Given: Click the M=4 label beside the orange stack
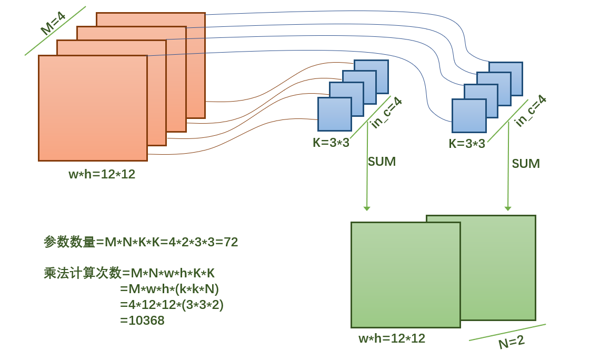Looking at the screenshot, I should (x=53, y=24).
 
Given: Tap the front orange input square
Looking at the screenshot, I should (x=93, y=108).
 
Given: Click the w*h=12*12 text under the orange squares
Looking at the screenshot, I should (x=102, y=174).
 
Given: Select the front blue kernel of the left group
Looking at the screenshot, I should (x=334, y=114).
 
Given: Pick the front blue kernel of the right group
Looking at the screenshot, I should (x=468, y=116).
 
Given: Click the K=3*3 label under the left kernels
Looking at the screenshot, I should (x=331, y=143).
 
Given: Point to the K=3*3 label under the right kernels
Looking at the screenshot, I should (x=467, y=144).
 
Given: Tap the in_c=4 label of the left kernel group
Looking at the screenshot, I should (x=386, y=113).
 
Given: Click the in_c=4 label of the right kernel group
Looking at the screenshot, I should (x=530, y=111).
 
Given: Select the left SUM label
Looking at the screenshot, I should (x=382, y=162).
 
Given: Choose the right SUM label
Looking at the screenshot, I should (x=526, y=164).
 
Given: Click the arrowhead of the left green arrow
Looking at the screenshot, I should (x=367, y=209).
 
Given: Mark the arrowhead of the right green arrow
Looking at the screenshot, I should (x=508, y=209).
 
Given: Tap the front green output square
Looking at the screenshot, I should (x=405, y=275).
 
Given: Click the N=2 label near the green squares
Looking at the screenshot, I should (x=511, y=342).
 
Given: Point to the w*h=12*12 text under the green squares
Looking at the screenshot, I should (x=392, y=338).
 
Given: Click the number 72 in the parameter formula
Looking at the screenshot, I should (x=231, y=242).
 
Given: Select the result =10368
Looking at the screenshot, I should (x=142, y=320).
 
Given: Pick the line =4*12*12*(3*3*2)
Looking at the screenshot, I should (x=172, y=304).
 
